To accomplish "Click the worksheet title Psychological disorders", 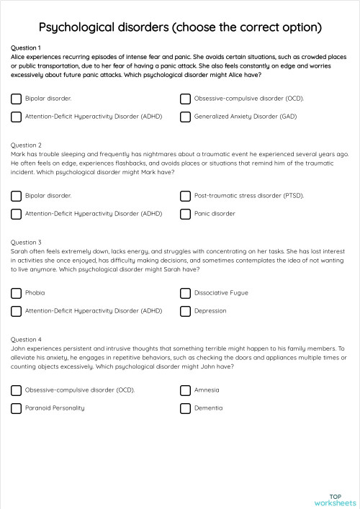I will click(179, 27).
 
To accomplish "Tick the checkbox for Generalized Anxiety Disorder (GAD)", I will click(185, 116).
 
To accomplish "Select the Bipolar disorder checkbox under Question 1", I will click(16, 98).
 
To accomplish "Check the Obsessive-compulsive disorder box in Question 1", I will click(185, 98).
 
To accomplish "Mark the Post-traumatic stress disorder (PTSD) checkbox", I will click(185, 196).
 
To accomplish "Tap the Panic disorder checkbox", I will click(185, 214).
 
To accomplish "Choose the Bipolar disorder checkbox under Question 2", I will click(16, 196).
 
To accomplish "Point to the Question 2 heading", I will click(27, 145).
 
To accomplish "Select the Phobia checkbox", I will click(16, 293).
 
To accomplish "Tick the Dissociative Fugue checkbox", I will click(185, 293).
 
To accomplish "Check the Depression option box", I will click(185, 311).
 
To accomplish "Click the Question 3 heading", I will click(27, 243).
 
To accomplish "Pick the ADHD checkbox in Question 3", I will click(16, 311).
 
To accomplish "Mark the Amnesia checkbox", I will click(185, 390).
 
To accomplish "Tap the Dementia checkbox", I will click(185, 408).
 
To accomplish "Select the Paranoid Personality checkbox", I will click(16, 408).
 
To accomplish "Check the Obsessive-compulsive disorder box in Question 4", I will click(16, 390).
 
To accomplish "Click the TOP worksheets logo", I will click(335, 499).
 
